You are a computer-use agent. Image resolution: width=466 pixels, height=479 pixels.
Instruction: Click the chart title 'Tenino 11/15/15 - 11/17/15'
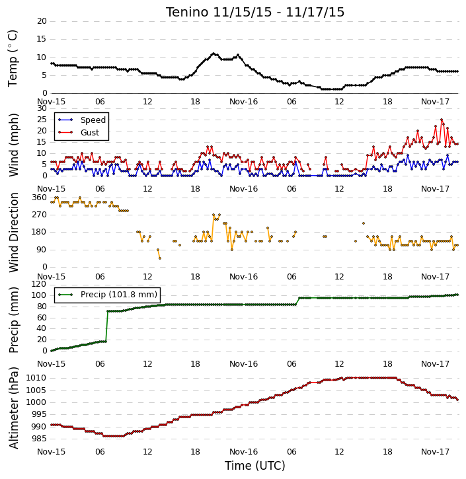(x=255, y=12)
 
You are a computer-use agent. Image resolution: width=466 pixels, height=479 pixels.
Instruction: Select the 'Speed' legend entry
(x=93, y=120)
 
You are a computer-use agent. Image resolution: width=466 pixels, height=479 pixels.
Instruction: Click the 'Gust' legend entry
(x=90, y=133)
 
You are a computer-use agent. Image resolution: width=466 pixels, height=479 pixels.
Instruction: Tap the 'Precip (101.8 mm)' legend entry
(x=119, y=295)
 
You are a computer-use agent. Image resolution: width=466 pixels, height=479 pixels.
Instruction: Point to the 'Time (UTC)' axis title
(x=255, y=466)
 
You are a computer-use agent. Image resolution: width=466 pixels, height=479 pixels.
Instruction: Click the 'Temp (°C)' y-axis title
(x=13, y=59)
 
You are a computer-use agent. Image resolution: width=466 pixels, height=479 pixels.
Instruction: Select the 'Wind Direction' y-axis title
(x=13, y=233)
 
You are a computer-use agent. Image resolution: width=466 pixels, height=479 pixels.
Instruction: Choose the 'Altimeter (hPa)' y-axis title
(x=13, y=408)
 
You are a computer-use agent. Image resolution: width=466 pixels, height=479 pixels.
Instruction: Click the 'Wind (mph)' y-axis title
(x=13, y=145)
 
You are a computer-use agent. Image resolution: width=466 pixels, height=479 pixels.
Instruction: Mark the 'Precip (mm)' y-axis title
(x=13, y=320)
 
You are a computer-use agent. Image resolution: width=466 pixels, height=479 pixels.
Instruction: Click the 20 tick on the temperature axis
(x=42, y=21)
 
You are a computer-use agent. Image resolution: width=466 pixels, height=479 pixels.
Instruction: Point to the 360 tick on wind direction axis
(x=40, y=198)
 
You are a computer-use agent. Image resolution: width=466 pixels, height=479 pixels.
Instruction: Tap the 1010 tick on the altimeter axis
(x=36, y=378)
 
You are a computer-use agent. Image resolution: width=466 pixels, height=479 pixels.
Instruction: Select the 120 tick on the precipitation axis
(x=40, y=284)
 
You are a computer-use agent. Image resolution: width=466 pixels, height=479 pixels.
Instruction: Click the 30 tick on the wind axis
(x=42, y=108)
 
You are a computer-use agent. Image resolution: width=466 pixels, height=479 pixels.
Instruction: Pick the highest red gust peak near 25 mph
(x=442, y=120)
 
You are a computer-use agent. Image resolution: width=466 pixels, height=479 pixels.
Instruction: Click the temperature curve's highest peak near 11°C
(x=214, y=54)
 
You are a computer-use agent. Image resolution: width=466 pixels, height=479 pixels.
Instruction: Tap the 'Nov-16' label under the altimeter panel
(x=243, y=451)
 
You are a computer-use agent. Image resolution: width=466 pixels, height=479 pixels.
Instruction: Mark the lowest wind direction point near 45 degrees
(x=160, y=258)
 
